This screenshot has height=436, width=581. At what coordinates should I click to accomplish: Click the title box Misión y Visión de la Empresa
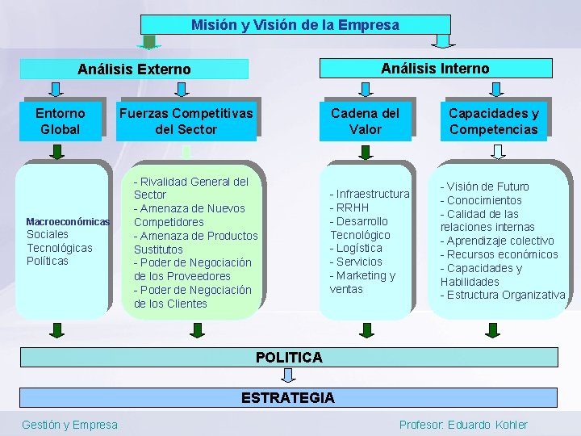pyautogui.click(x=295, y=25)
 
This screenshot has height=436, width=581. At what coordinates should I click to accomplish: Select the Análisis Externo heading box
pyautogui.click(x=134, y=69)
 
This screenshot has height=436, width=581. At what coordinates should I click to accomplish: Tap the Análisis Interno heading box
pyautogui.click(x=436, y=69)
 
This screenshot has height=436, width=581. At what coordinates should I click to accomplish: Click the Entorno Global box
pyautogui.click(x=61, y=121)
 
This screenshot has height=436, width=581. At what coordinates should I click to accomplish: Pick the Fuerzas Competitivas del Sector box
pyautogui.click(x=186, y=121)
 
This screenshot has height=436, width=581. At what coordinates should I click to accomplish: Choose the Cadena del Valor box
pyautogui.click(x=365, y=121)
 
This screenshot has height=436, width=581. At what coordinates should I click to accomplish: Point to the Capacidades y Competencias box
pyautogui.click(x=493, y=121)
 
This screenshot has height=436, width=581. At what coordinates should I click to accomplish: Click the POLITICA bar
pyautogui.click(x=289, y=357)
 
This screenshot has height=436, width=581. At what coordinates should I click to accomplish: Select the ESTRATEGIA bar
pyautogui.click(x=289, y=397)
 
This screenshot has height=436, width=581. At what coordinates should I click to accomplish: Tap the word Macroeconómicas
pyautogui.click(x=67, y=221)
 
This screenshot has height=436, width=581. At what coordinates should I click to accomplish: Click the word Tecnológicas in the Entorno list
pyautogui.click(x=60, y=248)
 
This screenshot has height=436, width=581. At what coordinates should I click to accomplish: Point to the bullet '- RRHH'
pyautogui.click(x=349, y=208)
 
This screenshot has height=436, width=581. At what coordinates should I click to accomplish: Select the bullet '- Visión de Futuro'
pyautogui.click(x=484, y=187)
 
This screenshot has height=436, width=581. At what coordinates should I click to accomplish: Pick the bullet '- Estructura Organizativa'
pyautogui.click(x=502, y=295)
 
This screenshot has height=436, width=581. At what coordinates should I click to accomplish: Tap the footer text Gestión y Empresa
pyautogui.click(x=69, y=425)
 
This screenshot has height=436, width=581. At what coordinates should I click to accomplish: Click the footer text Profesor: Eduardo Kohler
pyautogui.click(x=463, y=425)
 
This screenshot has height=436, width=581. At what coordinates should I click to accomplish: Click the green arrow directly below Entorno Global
pyautogui.click(x=56, y=150)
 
